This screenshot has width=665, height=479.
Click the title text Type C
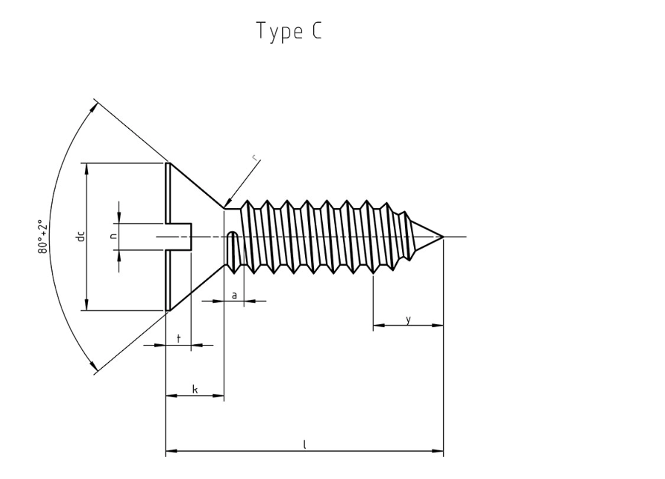[290, 31]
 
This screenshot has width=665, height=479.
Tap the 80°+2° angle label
[42, 236]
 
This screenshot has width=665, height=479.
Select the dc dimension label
[81, 236]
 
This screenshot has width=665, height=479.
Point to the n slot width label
[113, 236]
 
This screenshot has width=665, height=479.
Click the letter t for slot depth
[178, 338]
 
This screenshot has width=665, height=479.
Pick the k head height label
[195, 389]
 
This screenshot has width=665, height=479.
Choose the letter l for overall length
[304, 444]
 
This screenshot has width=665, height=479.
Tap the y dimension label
[408, 320]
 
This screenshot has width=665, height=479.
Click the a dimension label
[235, 295]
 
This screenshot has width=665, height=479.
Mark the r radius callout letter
[255, 158]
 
